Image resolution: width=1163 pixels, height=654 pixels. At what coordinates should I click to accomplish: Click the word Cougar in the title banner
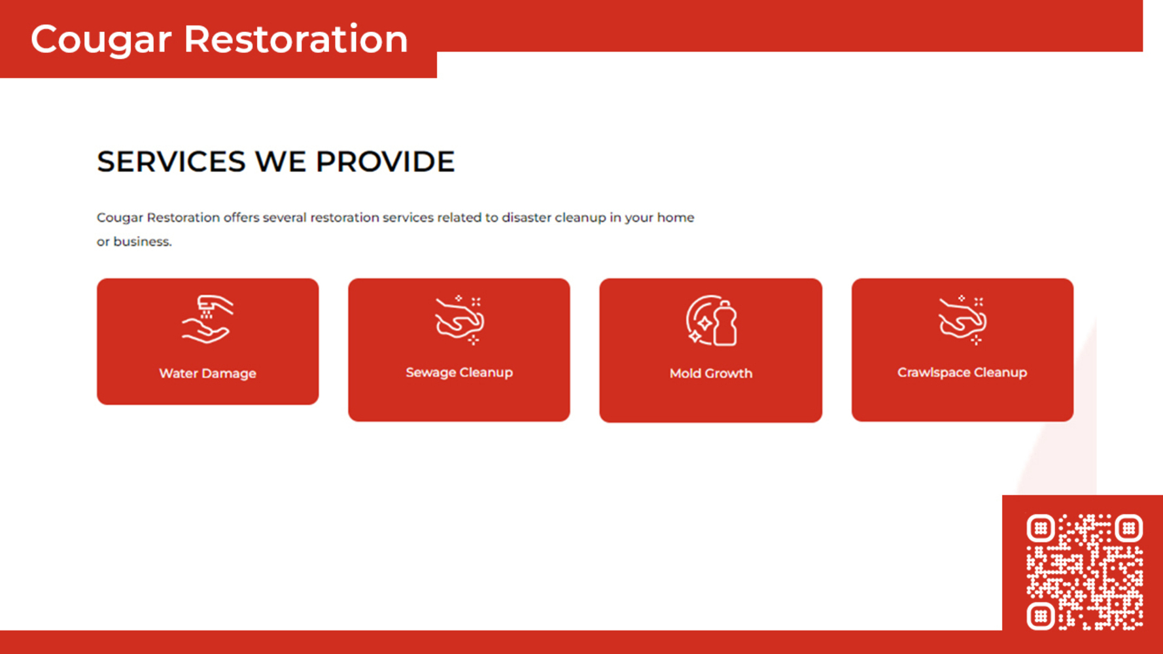(101, 40)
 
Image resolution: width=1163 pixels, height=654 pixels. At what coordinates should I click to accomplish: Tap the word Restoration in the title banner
(296, 39)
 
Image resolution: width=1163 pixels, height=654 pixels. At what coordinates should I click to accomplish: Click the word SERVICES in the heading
(171, 162)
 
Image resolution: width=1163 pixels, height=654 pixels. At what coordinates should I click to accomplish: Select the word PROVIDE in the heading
(385, 162)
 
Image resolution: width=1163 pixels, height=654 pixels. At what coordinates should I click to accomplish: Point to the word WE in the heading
(280, 162)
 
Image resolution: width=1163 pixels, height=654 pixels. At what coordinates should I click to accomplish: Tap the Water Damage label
(207, 373)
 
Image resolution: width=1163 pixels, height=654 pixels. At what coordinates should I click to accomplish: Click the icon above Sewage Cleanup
(459, 319)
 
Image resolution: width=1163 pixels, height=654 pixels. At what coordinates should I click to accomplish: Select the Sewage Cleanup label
(459, 372)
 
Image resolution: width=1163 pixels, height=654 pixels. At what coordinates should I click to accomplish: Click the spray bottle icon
(711, 320)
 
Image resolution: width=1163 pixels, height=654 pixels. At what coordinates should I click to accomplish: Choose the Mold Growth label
(711, 373)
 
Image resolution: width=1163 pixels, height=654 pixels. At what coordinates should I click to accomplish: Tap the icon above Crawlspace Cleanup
(962, 319)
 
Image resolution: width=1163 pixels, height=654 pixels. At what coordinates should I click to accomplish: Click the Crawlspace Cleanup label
(962, 372)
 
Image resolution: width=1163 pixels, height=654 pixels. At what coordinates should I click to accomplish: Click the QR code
(1085, 572)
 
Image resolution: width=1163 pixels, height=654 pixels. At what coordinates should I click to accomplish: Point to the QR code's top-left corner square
(1041, 528)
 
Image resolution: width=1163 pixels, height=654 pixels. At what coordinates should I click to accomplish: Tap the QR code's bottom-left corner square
(1041, 616)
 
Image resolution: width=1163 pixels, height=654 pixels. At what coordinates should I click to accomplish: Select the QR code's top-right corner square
(1129, 528)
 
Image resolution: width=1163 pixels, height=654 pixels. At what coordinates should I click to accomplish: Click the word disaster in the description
(527, 217)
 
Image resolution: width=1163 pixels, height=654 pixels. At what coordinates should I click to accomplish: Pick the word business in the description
(143, 241)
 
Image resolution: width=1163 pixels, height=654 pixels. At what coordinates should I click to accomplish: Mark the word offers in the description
(241, 217)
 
